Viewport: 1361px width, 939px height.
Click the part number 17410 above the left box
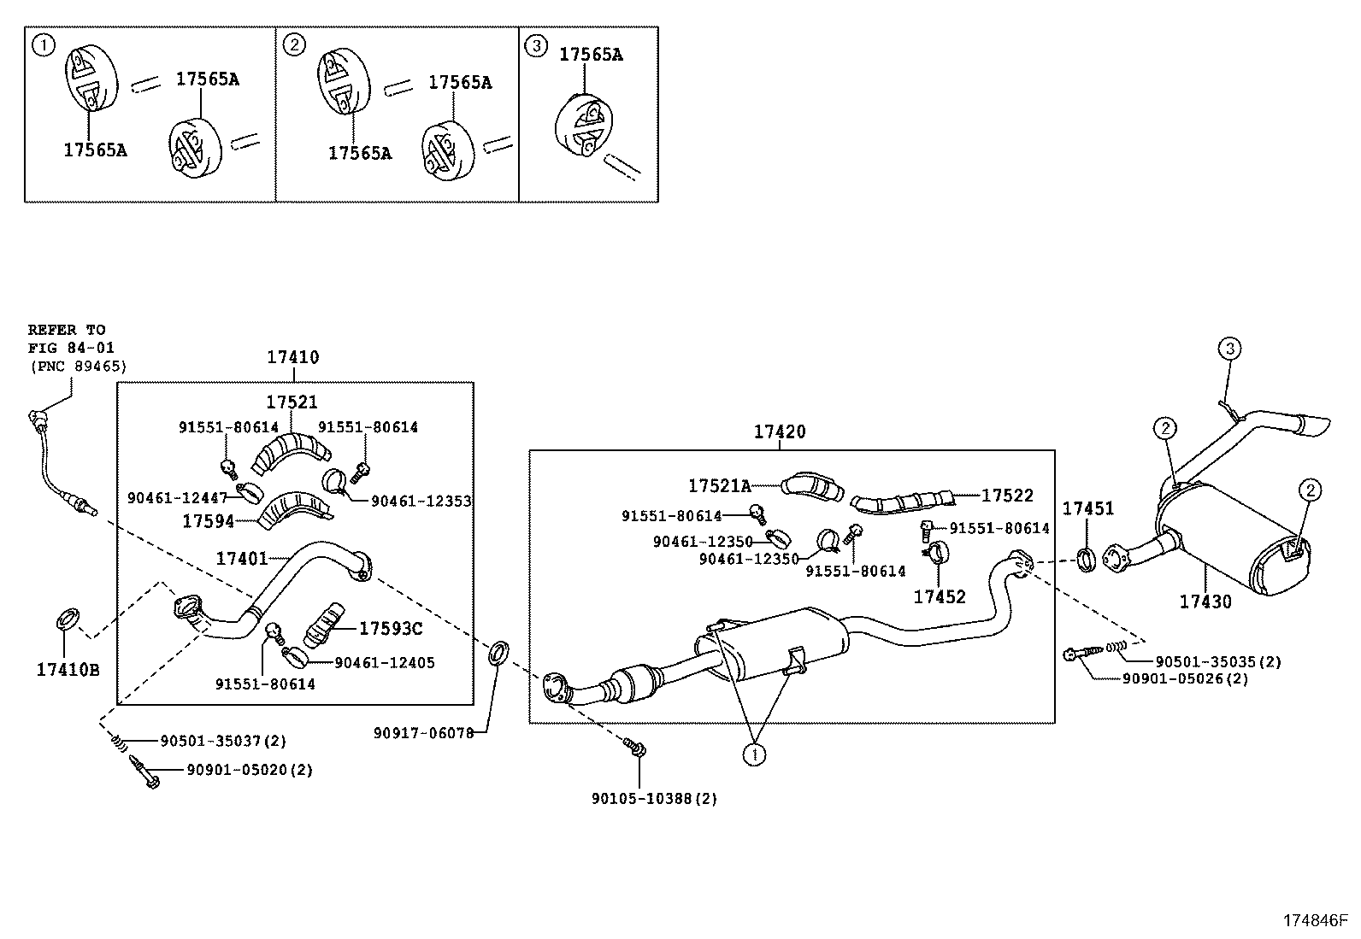pos(293,357)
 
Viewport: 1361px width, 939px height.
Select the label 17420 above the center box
pos(780,431)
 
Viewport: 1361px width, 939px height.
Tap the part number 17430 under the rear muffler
pos(1205,602)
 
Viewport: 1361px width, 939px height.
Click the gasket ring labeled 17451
pos(1087,560)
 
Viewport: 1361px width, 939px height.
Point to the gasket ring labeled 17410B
pos(67,619)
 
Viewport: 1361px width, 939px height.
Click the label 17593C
pos(391,629)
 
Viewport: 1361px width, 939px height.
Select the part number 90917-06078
pos(423,733)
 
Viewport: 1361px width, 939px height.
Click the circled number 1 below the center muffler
pos(755,754)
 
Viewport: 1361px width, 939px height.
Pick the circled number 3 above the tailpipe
pos(1229,349)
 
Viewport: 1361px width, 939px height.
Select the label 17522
pos(1007,496)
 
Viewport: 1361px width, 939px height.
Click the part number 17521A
pos(719,486)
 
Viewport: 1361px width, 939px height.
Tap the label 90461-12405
pos(385,663)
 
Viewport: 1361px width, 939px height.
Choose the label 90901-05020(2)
pos(250,770)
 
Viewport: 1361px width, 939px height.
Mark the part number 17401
pos(242,558)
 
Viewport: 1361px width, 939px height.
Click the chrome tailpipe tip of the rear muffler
pos(1314,425)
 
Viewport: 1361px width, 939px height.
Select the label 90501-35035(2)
pos(1218,661)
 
